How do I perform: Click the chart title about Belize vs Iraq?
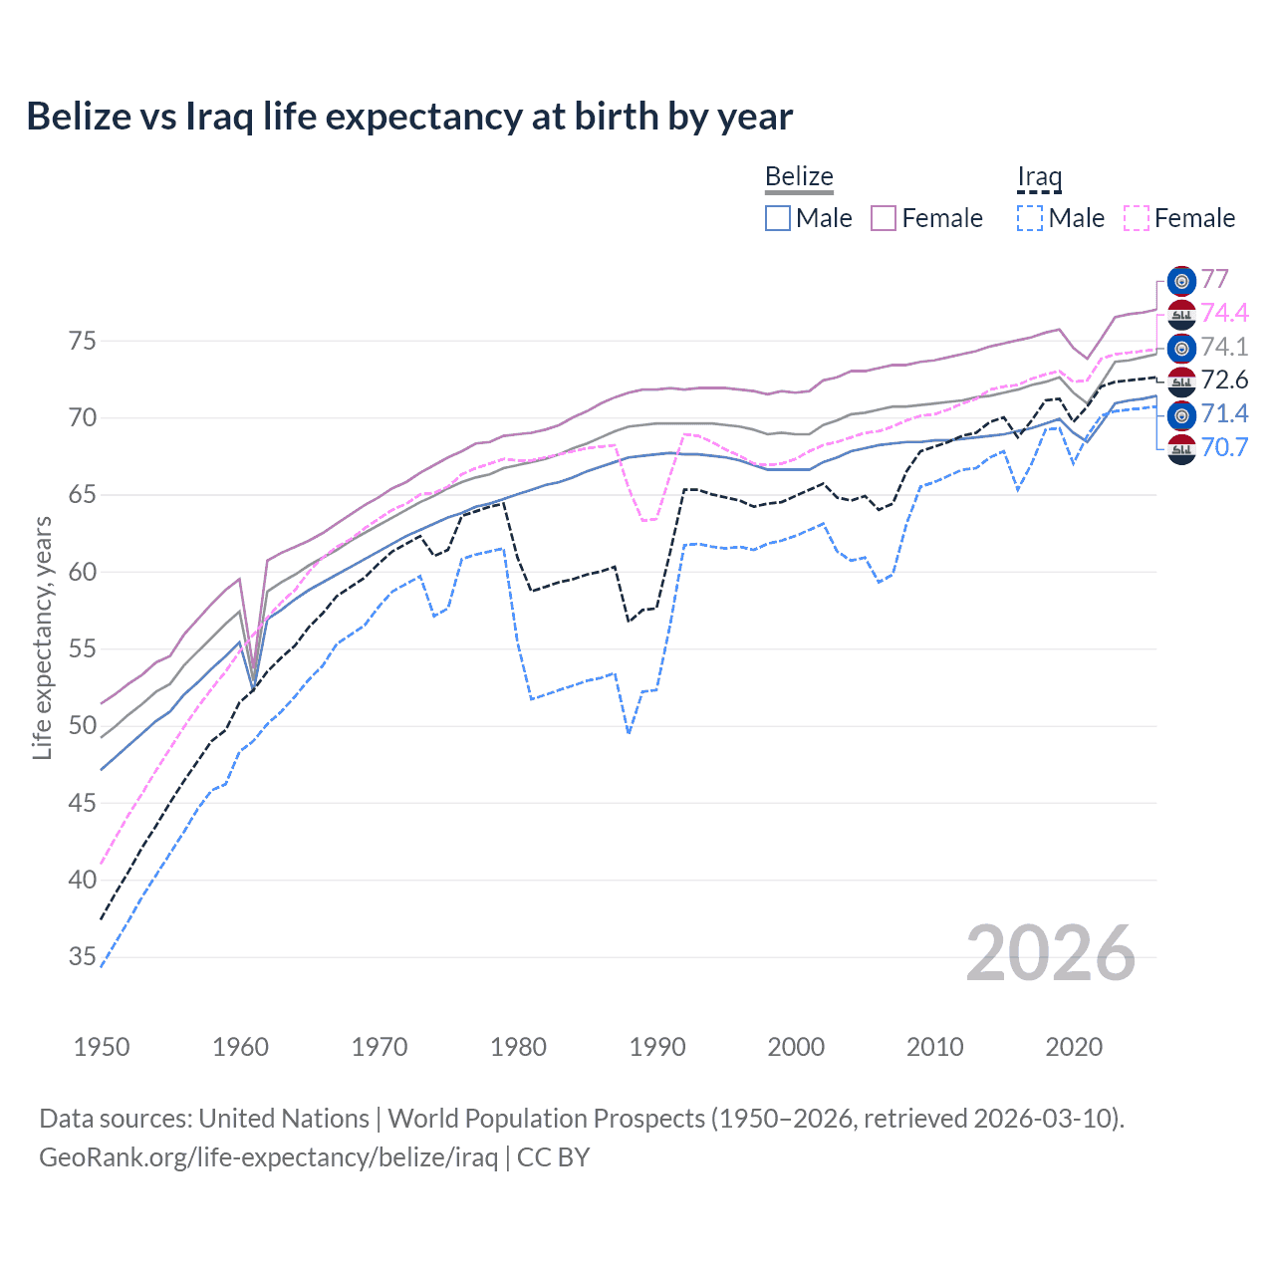pyautogui.click(x=409, y=117)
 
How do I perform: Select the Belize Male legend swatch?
pyautogui.click(x=778, y=218)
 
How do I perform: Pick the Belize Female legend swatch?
pyautogui.click(x=884, y=218)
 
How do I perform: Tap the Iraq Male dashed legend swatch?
pyautogui.click(x=1030, y=218)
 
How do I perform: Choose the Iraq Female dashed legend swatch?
pyautogui.click(x=1137, y=218)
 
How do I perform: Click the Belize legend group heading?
pyautogui.click(x=799, y=177)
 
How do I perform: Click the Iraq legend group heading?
pyautogui.click(x=1039, y=177)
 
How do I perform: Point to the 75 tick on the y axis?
pyautogui.click(x=83, y=342)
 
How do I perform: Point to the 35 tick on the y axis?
pyautogui.click(x=83, y=957)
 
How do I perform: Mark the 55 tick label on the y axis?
pyautogui.click(x=83, y=649)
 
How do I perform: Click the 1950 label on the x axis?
pyautogui.click(x=102, y=1047)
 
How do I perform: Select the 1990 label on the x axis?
pyautogui.click(x=657, y=1047)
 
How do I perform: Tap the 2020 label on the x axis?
pyautogui.click(x=1074, y=1047)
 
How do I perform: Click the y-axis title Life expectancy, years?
pyautogui.click(x=42, y=637)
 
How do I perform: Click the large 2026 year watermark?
pyautogui.click(x=1051, y=954)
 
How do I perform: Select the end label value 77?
pyautogui.click(x=1215, y=279)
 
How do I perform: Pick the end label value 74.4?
pyautogui.click(x=1224, y=313)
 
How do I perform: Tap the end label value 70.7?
pyautogui.click(x=1224, y=447)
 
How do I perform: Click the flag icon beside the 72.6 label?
pyautogui.click(x=1181, y=381)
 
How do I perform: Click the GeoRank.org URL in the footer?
pyautogui.click(x=268, y=1157)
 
